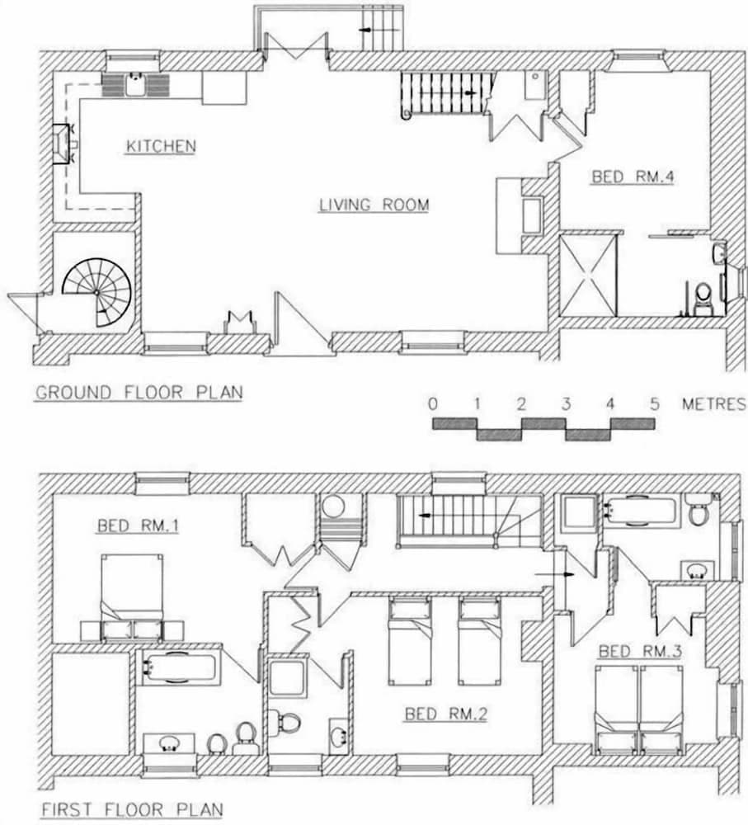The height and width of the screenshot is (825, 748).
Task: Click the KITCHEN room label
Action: click(161, 146)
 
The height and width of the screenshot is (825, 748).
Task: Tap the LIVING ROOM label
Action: click(374, 205)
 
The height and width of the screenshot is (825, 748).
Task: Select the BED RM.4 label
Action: click(633, 177)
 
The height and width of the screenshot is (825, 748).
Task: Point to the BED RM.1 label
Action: click(138, 526)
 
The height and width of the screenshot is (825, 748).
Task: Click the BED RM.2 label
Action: click(446, 714)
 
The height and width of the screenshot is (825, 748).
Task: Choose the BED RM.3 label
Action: click(640, 651)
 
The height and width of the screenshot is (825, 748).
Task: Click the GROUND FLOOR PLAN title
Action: click(139, 393)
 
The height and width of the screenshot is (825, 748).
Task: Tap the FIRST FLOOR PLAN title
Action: click(132, 809)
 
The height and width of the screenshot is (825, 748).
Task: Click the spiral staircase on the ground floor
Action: click(97, 292)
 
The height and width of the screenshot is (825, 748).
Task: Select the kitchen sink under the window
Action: click(135, 84)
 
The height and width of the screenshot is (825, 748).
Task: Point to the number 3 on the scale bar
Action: click(566, 404)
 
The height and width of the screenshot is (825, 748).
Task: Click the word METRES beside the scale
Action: click(714, 404)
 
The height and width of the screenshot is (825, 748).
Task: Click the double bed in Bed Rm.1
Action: click(131, 597)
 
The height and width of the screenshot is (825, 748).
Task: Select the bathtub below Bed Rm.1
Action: click(176, 667)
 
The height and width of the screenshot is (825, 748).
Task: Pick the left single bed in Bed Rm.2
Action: click(410, 641)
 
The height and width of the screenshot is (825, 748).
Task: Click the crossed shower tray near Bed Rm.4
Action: click(587, 275)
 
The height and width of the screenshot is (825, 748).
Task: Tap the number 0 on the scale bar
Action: click(432, 404)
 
